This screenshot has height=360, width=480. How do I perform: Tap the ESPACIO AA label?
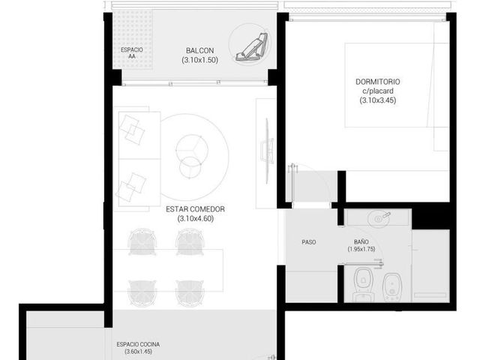132,53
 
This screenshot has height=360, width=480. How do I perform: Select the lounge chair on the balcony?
252,46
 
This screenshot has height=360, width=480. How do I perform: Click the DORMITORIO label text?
378,82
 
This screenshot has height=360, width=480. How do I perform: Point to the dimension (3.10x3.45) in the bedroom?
378,100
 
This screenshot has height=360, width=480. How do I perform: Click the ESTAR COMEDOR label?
195,209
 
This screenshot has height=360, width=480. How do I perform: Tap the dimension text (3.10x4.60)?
195,218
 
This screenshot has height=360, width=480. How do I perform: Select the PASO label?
308,242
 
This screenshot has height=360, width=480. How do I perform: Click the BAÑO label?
361,241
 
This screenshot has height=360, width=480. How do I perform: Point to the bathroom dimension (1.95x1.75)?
361,249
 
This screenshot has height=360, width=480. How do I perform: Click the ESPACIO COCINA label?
138,344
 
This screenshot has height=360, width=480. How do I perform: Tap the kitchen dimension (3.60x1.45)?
138,352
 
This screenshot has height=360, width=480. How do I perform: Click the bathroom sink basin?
379,218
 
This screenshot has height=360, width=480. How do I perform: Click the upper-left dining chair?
142,241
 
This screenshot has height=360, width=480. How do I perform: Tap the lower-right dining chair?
190,292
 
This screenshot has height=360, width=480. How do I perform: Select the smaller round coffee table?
190,168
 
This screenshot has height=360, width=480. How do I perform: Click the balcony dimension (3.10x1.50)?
199,60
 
